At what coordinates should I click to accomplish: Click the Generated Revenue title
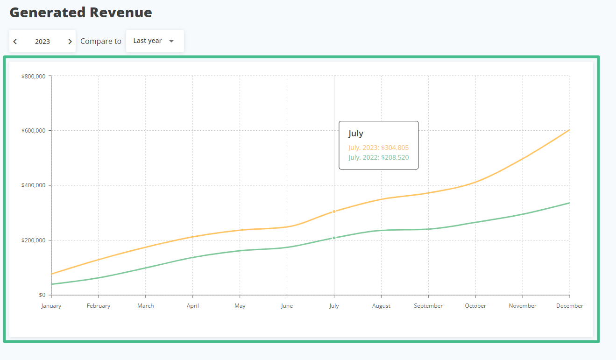point(81,13)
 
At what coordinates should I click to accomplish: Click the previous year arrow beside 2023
point(15,42)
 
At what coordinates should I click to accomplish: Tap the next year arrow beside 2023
point(70,42)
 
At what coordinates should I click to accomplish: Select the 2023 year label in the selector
point(42,42)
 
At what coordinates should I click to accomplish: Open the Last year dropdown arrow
point(171,41)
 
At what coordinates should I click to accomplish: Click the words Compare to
point(101,41)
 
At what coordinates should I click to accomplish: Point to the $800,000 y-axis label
point(33,76)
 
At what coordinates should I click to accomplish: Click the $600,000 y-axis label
point(33,131)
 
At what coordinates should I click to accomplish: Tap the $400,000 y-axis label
point(33,185)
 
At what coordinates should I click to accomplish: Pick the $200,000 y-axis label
point(33,240)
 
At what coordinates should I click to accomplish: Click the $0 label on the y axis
point(42,295)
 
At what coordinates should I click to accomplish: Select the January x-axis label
point(51,306)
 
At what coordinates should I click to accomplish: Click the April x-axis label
point(192,306)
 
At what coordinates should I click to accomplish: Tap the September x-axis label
point(428,306)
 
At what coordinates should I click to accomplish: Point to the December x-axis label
point(569,306)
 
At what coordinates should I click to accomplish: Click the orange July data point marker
point(334,212)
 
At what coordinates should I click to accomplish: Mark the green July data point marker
point(334,238)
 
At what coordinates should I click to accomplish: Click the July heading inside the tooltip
point(356,134)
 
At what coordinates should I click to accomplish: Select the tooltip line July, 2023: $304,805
point(378,148)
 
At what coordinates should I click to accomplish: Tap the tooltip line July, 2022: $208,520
point(378,157)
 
